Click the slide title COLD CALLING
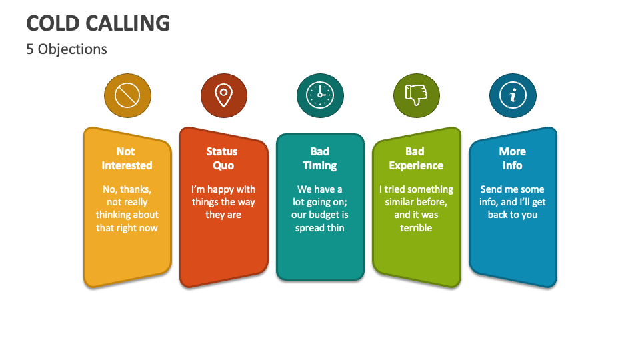tap(98, 23)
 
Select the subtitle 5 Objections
tap(67, 49)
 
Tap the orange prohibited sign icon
tap(127, 96)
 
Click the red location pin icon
tap(223, 96)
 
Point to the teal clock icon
tap(320, 96)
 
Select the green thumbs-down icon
tap(417, 96)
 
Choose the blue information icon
tap(513, 96)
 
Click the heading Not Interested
tap(127, 159)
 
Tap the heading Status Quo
tap(223, 159)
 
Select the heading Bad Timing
tap(320, 159)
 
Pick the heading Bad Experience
tap(416, 159)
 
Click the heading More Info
tap(513, 159)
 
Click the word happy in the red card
tap(221, 189)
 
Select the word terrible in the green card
tap(416, 228)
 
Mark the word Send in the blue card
tap(493, 189)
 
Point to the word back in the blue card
tap(498, 215)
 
